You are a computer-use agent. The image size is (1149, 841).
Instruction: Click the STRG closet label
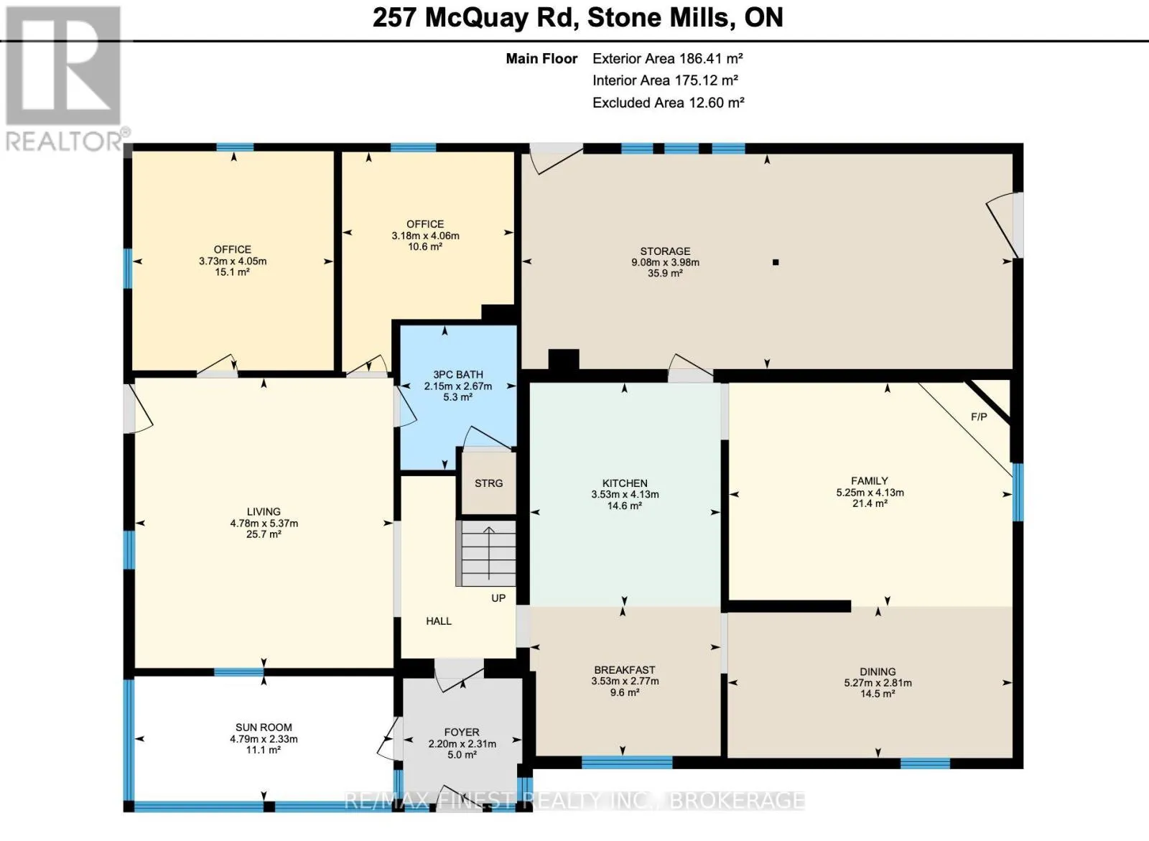click(488, 483)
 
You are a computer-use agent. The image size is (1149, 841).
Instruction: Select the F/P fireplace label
click(979, 417)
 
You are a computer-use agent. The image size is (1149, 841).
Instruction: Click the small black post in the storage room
click(776, 262)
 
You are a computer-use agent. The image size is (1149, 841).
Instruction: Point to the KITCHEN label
click(625, 483)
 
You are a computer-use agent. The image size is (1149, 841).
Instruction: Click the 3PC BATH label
click(457, 375)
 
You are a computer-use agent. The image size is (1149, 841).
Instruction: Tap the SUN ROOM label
click(264, 728)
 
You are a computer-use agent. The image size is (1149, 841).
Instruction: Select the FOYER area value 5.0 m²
click(462, 755)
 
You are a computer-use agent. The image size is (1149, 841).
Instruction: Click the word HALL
click(439, 621)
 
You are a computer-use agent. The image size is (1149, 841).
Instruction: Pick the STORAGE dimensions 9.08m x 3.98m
click(665, 262)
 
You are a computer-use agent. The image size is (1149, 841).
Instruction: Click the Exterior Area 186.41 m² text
click(668, 58)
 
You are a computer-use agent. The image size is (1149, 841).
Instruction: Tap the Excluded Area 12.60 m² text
click(669, 103)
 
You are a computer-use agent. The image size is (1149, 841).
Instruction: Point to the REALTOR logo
click(65, 80)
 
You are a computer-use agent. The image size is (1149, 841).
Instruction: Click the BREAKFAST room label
click(624, 670)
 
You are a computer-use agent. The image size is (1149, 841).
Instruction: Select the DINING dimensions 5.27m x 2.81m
click(878, 683)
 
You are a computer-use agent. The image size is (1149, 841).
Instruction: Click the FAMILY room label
click(870, 480)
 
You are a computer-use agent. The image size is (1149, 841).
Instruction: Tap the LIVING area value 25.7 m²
click(264, 534)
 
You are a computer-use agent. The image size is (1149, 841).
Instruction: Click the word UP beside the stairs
click(498, 598)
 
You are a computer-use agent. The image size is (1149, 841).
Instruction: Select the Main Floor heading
click(541, 59)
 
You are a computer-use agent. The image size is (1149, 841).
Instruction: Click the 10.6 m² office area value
click(425, 246)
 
